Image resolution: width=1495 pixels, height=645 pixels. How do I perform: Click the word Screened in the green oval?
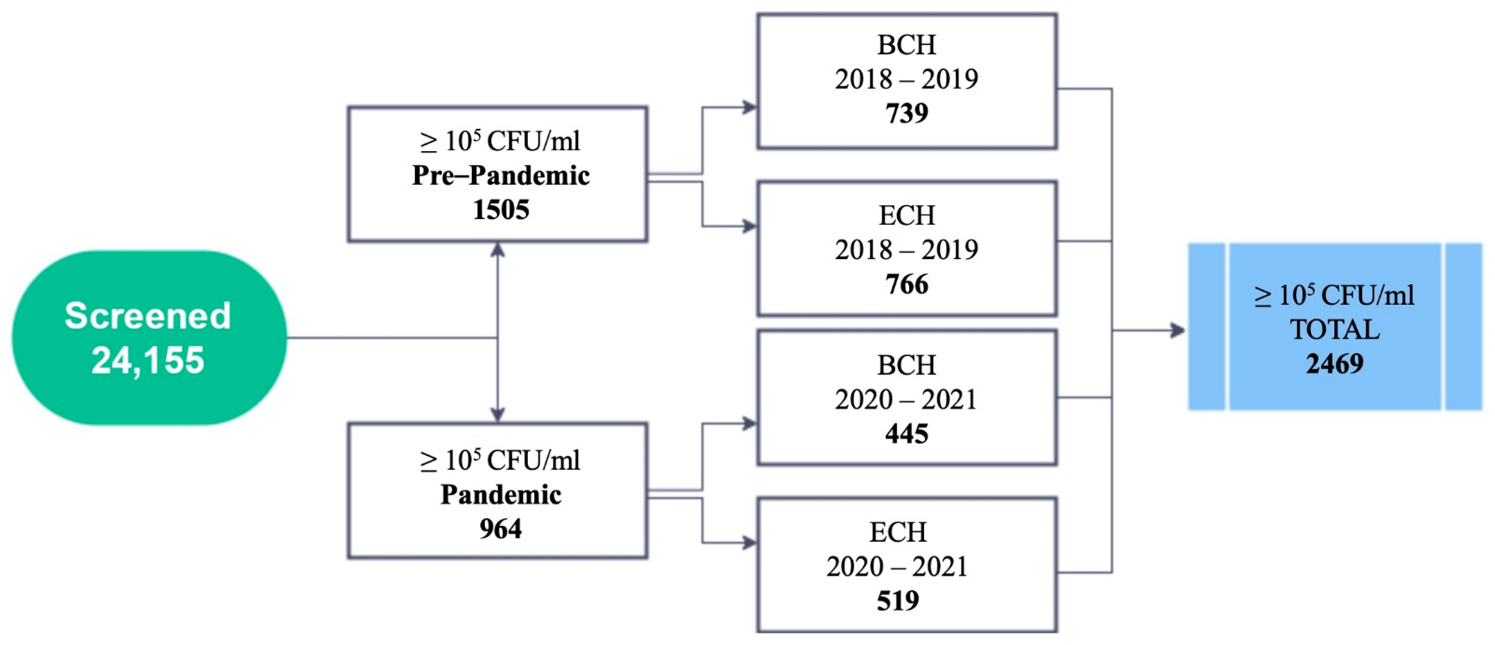148,316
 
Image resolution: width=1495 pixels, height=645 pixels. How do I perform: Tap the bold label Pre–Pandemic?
500,175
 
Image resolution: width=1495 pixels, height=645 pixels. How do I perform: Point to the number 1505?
500,210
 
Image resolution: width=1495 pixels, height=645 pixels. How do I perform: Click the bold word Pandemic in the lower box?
500,495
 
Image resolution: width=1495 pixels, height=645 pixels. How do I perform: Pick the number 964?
500,529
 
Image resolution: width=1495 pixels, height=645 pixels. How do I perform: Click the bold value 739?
906,113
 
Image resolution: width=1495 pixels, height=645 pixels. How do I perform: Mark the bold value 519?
898,600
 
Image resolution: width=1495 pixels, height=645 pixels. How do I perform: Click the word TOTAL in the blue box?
1335,330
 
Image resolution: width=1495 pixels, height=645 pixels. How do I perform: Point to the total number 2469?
1335,364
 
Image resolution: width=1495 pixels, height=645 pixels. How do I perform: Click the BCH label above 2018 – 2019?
906,45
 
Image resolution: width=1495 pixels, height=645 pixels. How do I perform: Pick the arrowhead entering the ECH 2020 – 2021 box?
750,543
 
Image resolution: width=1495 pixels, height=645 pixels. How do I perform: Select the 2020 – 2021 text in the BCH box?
906,399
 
